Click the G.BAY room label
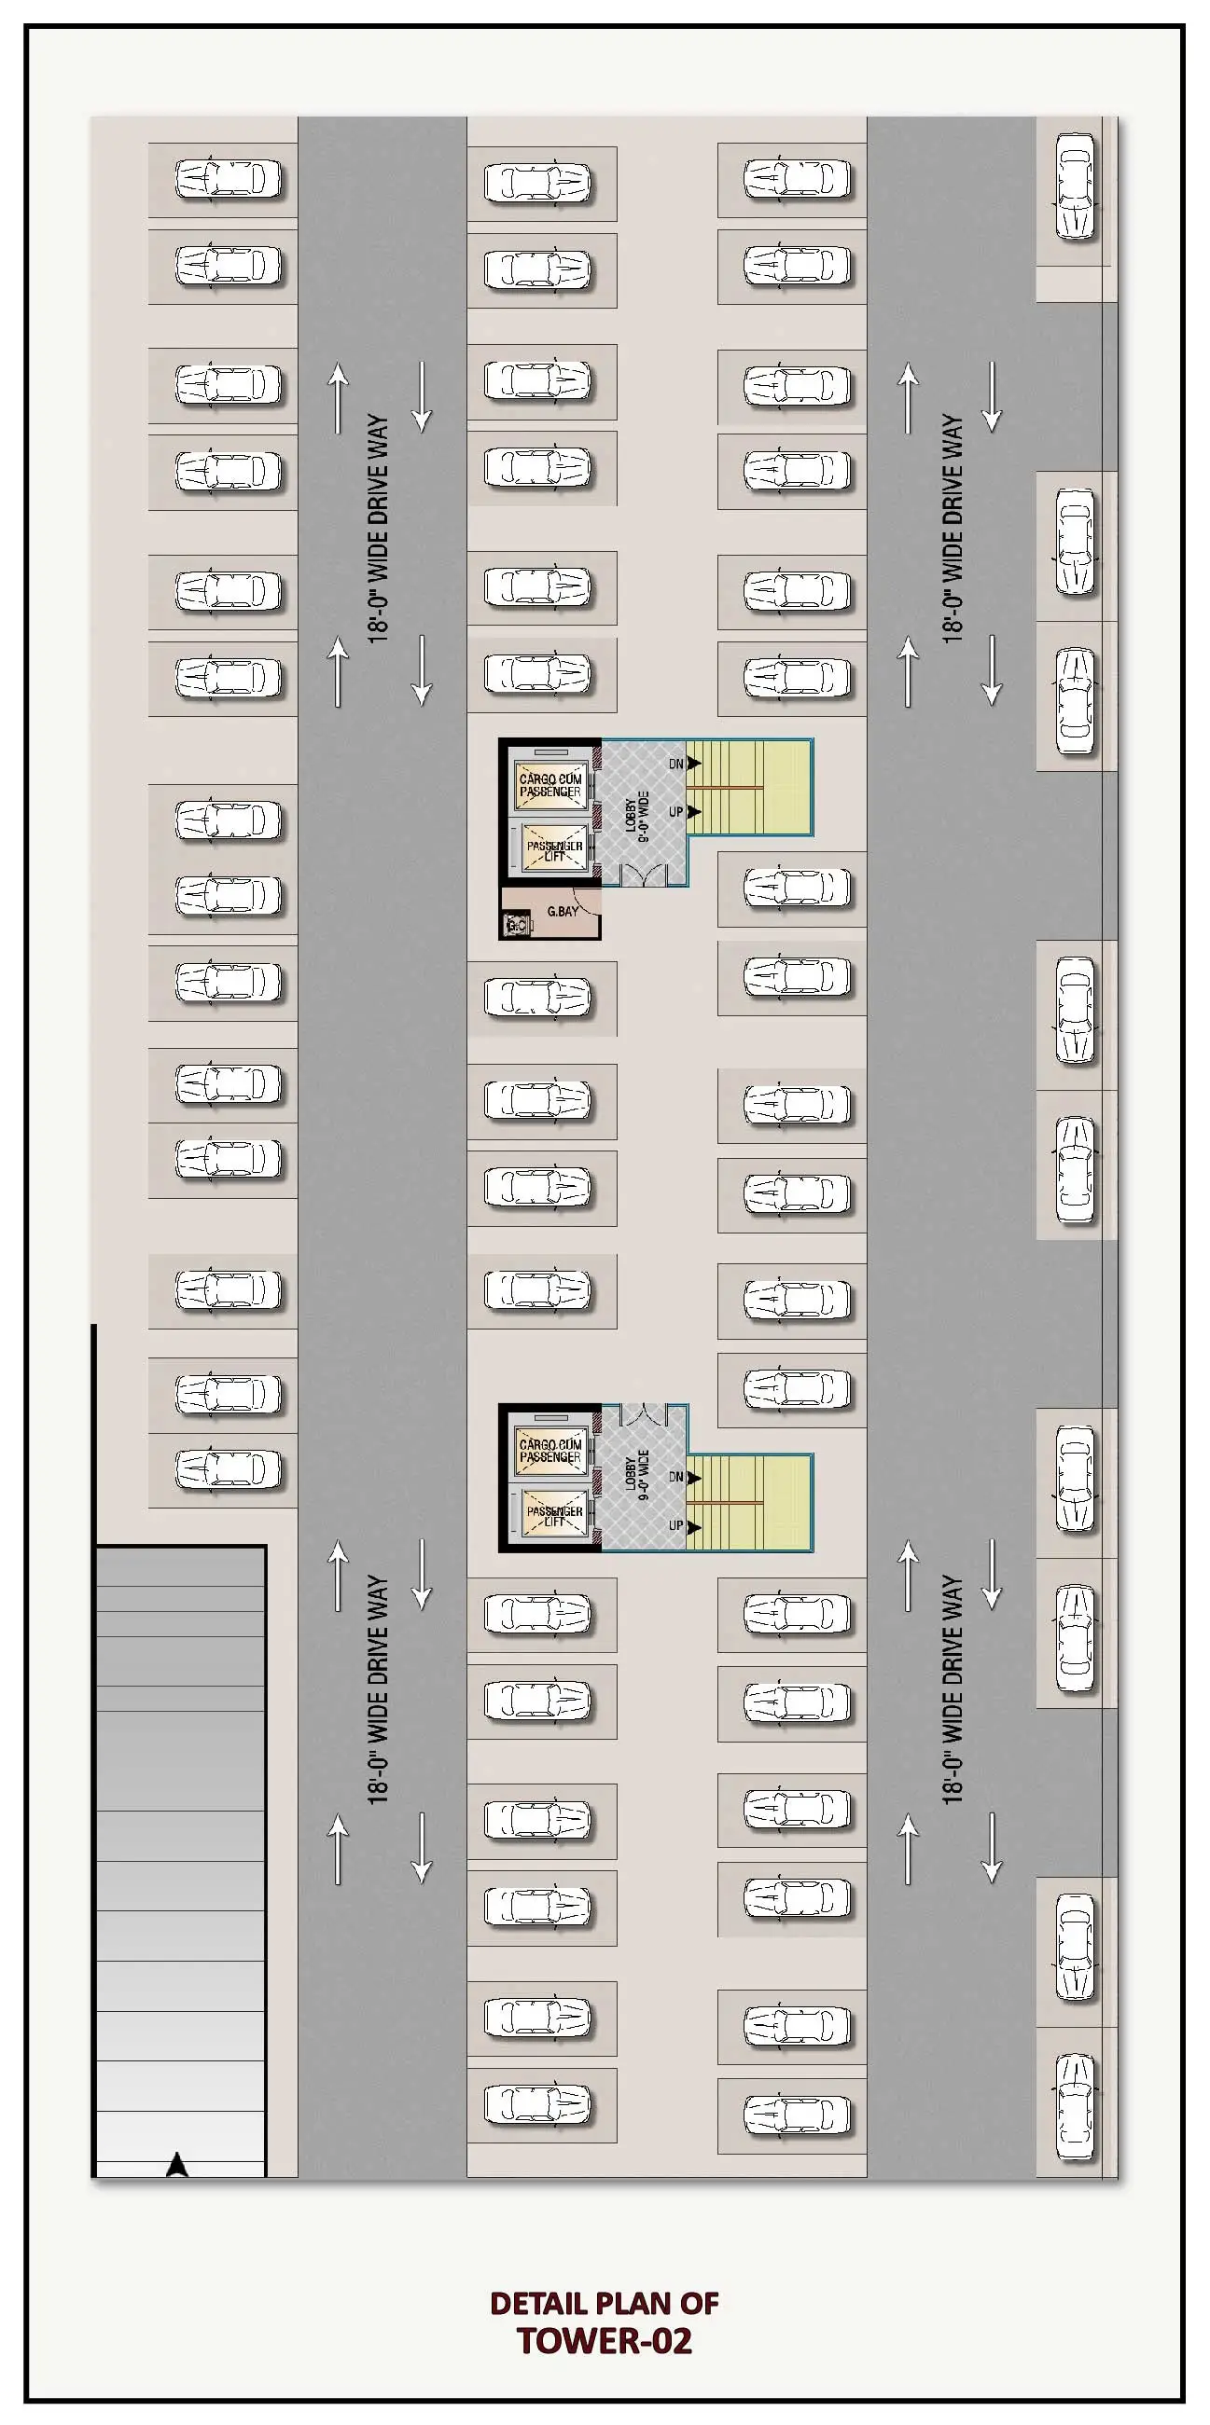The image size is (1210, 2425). [563, 911]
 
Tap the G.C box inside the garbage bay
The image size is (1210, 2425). [516, 927]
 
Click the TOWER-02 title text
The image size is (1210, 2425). [605, 2340]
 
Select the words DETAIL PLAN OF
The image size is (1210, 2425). [605, 2303]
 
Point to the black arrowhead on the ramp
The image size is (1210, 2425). [176, 2166]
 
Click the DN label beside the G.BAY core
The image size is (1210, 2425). [675, 764]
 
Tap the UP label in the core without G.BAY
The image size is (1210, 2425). [675, 1525]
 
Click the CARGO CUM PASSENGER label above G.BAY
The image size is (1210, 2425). [550, 785]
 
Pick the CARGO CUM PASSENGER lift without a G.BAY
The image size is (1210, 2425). [550, 1451]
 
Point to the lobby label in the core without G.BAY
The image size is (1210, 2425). [637, 1474]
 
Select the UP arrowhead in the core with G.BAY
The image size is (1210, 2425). [695, 811]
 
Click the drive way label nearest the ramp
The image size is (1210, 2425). [378, 1688]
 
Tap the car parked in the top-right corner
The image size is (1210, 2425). [1076, 186]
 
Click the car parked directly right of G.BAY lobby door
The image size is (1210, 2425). [797, 888]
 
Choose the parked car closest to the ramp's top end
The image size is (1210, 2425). [228, 1469]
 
